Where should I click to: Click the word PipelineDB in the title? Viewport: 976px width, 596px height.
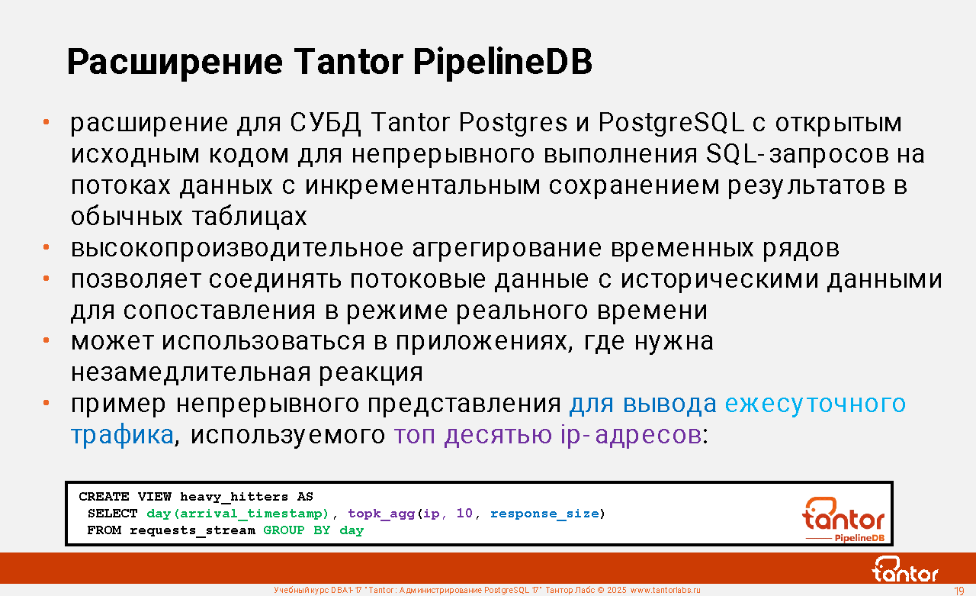coord(502,63)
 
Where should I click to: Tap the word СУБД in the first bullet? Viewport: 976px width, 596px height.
coord(326,123)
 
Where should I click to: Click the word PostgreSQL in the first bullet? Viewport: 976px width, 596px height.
coord(671,123)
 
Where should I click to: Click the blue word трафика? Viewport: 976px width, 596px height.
coord(123,436)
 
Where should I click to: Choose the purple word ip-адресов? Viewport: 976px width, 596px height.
coord(631,436)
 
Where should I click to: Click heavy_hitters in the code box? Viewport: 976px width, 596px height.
coord(234,497)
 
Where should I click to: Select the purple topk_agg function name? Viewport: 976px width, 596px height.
coord(380,514)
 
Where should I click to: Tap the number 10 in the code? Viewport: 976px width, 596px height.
coord(464,513)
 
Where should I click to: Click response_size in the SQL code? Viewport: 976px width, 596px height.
coord(544,514)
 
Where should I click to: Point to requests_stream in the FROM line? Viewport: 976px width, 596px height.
coord(192,530)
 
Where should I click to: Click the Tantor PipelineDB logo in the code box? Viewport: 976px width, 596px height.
coord(844,519)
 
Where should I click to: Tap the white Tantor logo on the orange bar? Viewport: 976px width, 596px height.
coord(905,569)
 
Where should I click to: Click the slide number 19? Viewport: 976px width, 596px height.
coord(958,591)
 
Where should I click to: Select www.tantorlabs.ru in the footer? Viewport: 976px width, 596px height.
coord(666,591)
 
